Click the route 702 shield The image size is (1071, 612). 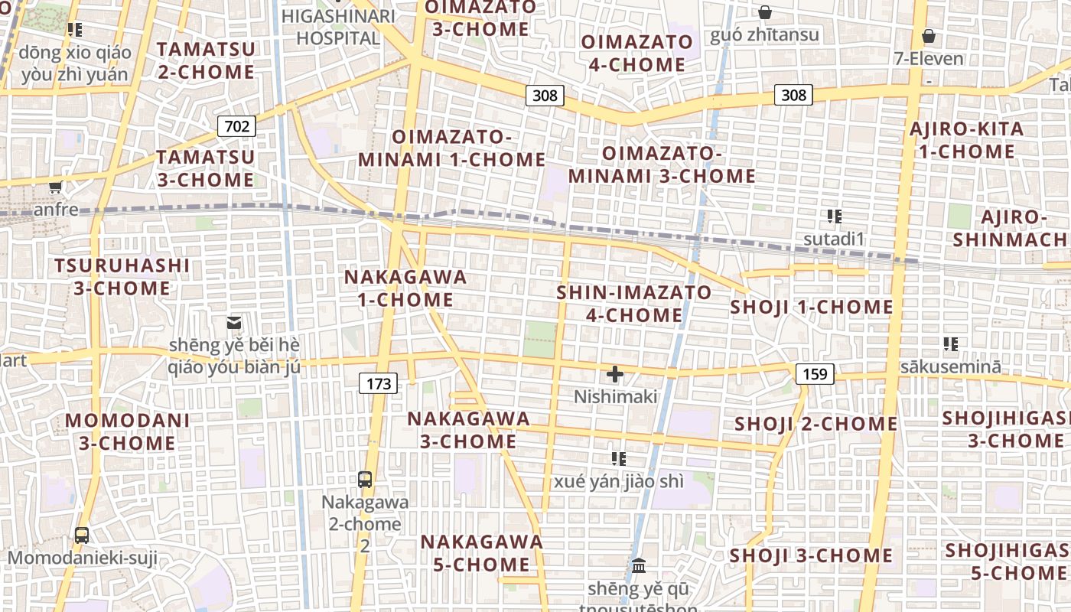(x=236, y=125)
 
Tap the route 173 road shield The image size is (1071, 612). (x=379, y=383)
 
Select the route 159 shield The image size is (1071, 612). (x=815, y=374)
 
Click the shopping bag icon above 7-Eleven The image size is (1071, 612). (x=928, y=36)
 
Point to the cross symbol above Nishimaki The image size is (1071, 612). (x=614, y=374)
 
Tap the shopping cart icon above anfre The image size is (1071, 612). (x=55, y=187)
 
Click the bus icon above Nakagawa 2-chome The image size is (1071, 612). (x=365, y=480)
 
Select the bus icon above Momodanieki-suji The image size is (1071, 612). (x=82, y=535)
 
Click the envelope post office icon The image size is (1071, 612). (x=234, y=323)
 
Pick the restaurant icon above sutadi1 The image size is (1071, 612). (x=834, y=216)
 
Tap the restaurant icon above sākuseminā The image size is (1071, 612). (x=950, y=344)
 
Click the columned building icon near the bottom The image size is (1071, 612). (x=638, y=567)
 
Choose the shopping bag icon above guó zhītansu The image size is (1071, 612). (x=764, y=12)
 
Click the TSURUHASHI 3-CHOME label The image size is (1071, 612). (x=122, y=277)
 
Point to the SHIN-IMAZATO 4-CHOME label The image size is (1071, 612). (x=634, y=304)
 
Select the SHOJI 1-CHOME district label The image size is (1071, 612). (x=812, y=308)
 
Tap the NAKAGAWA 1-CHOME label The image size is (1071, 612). (x=405, y=288)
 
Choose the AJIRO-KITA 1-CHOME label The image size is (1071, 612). (x=966, y=140)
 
